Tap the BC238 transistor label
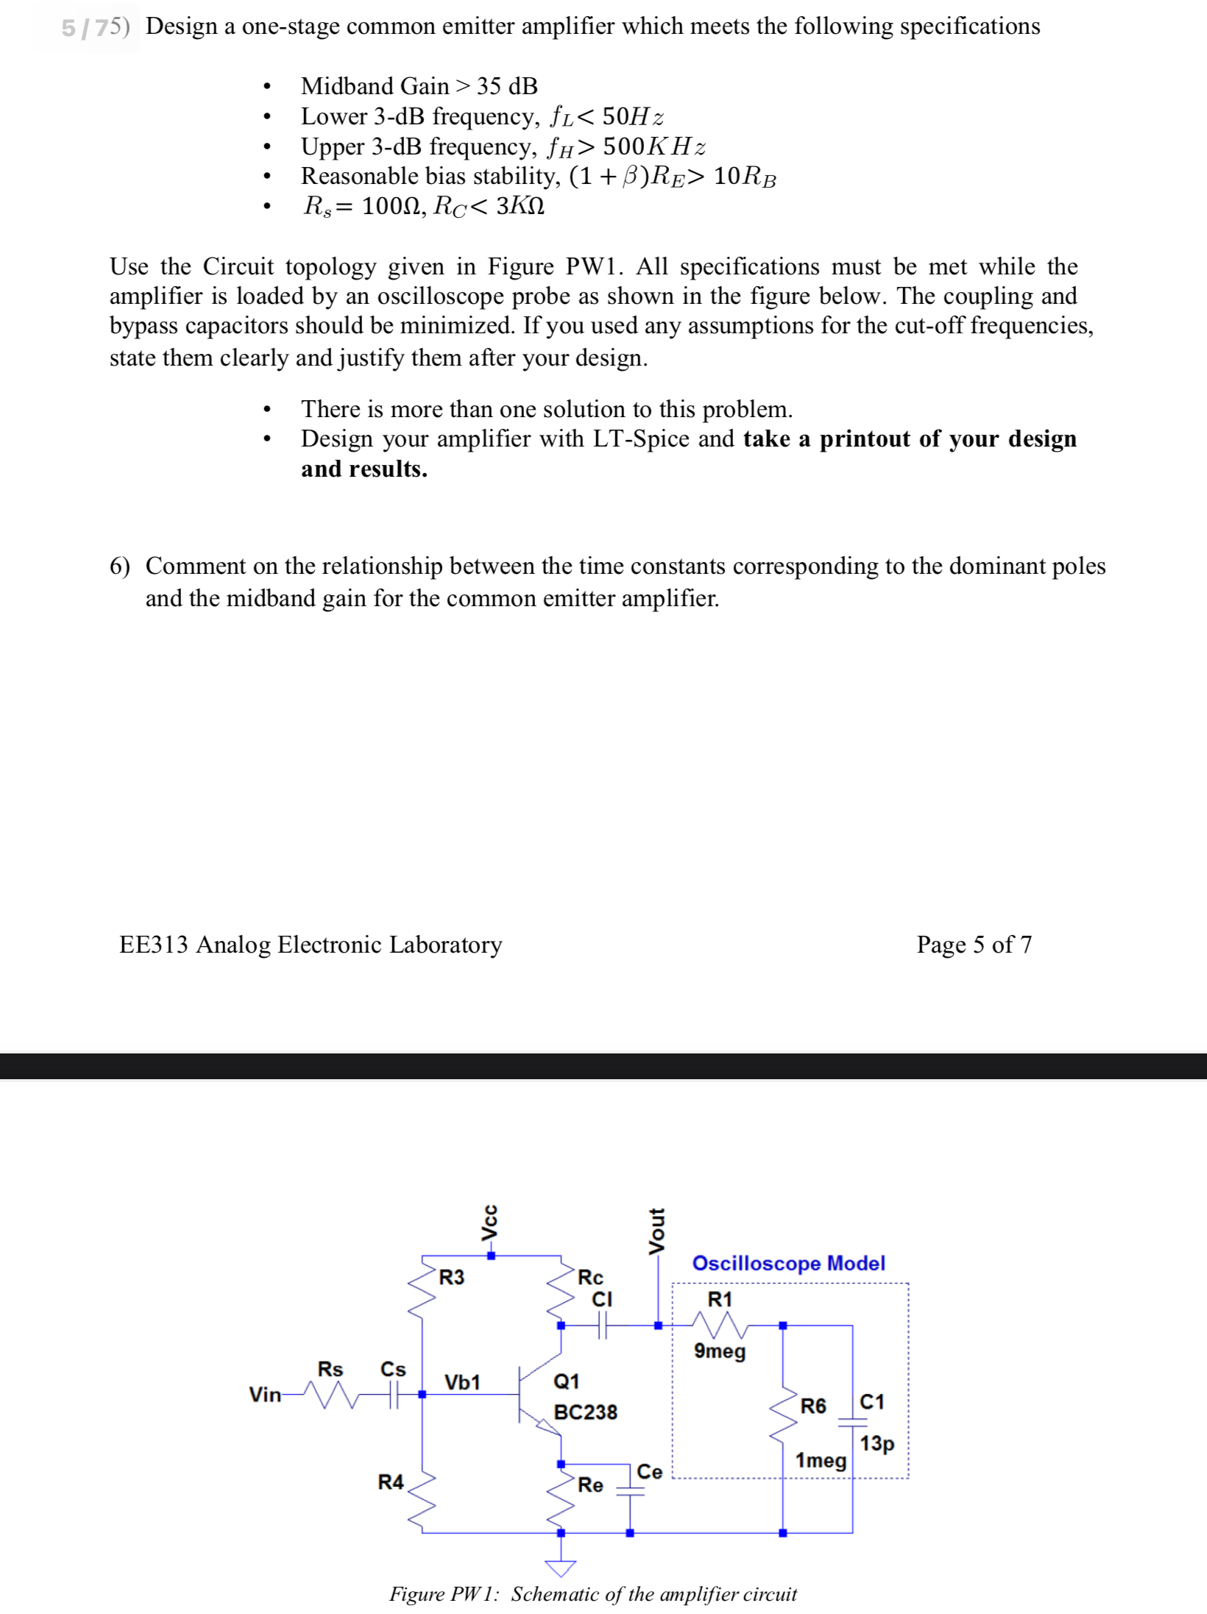(x=585, y=1412)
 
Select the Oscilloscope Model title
(x=788, y=1263)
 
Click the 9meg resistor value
(x=719, y=1351)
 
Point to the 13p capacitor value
(x=877, y=1443)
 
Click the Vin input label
(x=265, y=1394)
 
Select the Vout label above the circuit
(x=656, y=1230)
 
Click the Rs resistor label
(x=330, y=1369)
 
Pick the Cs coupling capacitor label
(x=393, y=1369)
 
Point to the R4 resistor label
(x=390, y=1482)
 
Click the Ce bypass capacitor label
(x=649, y=1471)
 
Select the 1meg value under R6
(x=821, y=1460)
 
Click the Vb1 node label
(x=462, y=1382)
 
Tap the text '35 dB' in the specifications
(x=507, y=86)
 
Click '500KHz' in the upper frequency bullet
(x=654, y=146)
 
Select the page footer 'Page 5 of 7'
(x=974, y=944)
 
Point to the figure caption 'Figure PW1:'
(x=445, y=1593)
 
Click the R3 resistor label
(x=451, y=1277)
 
